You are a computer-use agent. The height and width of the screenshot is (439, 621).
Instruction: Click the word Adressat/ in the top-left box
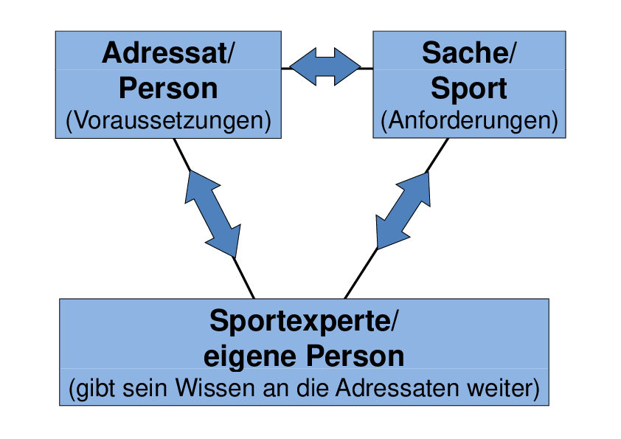[x=168, y=53]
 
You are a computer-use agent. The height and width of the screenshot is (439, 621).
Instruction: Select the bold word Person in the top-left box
[x=168, y=89]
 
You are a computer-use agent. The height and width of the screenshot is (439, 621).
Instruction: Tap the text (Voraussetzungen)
[x=168, y=120]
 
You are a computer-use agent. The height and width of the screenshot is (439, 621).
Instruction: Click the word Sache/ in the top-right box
[x=469, y=53]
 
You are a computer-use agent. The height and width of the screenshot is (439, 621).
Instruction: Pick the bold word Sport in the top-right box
[x=469, y=89]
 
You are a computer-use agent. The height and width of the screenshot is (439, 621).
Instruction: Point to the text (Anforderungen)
[x=469, y=120]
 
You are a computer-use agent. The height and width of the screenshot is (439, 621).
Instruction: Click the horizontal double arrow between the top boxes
[x=325, y=68]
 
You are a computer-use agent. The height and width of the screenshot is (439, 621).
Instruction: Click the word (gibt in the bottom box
[x=87, y=387]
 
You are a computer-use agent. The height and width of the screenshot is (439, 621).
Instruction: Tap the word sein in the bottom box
[x=145, y=387]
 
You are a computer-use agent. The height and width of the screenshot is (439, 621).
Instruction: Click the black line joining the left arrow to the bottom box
[x=243, y=277]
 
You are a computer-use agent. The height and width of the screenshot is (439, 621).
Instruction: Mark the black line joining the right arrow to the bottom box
[x=361, y=274]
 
